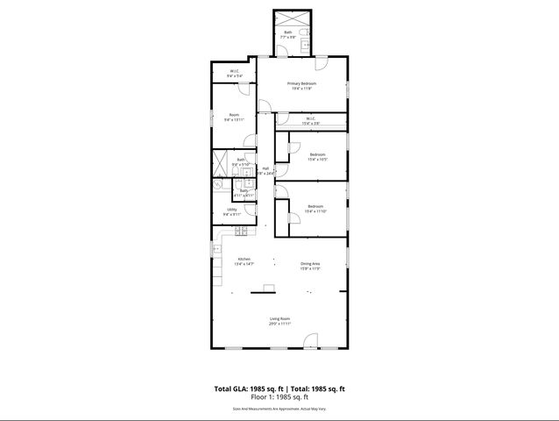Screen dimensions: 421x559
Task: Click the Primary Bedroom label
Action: coord(301,85)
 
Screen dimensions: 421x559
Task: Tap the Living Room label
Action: coord(279,321)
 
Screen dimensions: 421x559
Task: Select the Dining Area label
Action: coord(311,266)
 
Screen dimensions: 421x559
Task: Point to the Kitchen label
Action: coord(244,261)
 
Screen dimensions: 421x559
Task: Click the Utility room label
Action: coord(232,211)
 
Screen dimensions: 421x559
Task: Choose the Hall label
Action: coord(265,171)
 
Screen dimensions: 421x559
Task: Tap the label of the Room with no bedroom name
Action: coord(234,117)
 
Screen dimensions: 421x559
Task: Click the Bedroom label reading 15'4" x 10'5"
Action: coord(317,157)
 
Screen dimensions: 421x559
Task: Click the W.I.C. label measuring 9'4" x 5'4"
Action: coord(234,74)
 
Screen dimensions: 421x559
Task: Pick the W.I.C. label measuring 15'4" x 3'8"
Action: coord(311,121)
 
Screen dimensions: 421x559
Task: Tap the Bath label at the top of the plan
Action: coord(288,35)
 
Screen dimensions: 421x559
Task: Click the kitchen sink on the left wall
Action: coord(216,250)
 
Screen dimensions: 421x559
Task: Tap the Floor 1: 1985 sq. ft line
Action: coord(279,397)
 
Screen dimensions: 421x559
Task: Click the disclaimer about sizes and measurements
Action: coord(279,408)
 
